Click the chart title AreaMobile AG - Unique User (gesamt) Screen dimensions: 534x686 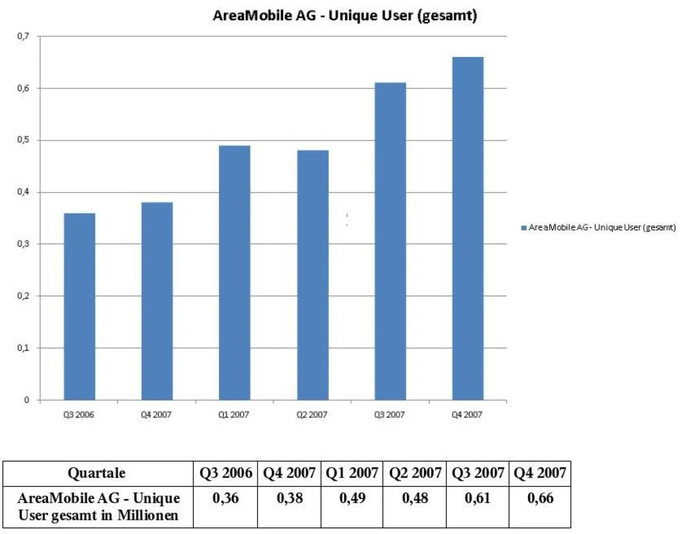[x=345, y=16]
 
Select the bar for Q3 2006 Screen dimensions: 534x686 [x=80, y=306]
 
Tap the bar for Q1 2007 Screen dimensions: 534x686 [x=234, y=272]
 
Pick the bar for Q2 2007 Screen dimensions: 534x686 [x=313, y=275]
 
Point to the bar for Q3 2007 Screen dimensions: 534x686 [x=390, y=241]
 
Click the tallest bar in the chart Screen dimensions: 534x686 [x=468, y=228]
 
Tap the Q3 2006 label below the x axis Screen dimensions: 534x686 [x=80, y=415]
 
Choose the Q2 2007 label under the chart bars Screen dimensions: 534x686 [x=313, y=415]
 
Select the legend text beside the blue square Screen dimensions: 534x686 [x=602, y=227]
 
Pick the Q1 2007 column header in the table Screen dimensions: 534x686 [x=352, y=473]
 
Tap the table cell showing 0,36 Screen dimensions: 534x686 [x=226, y=498]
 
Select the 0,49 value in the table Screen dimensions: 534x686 [x=352, y=498]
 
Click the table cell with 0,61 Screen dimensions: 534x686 [x=478, y=498]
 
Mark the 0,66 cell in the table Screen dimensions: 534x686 [x=540, y=498]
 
